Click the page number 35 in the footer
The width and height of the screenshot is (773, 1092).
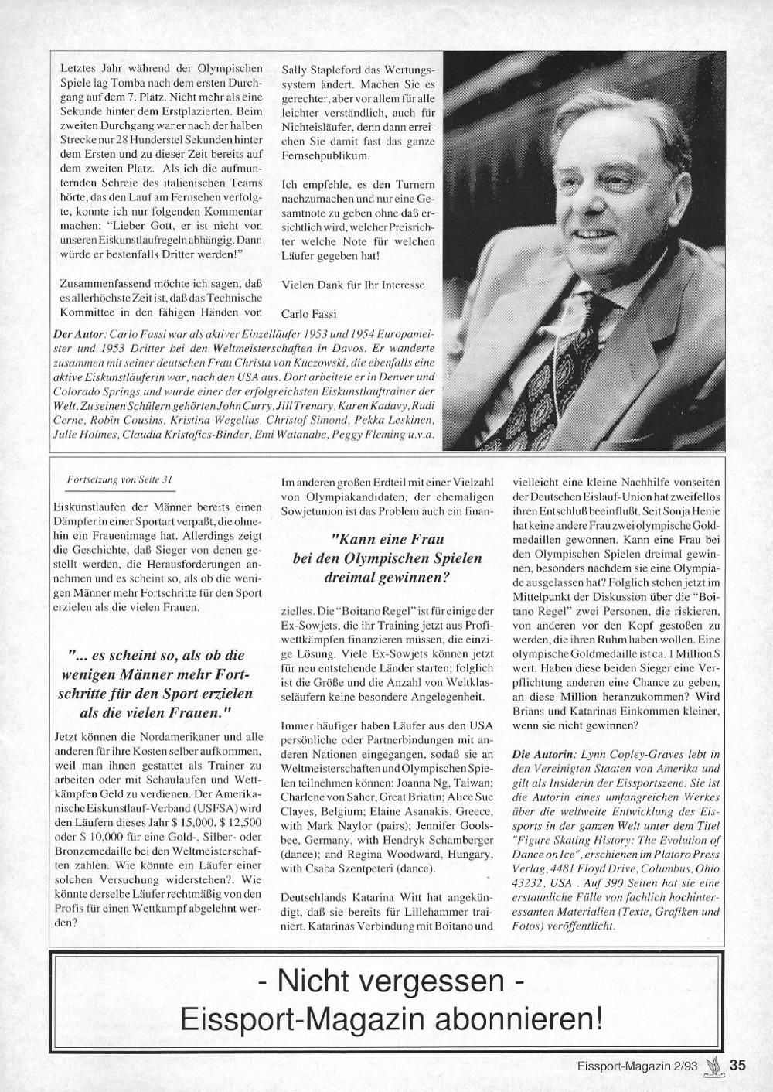737,1065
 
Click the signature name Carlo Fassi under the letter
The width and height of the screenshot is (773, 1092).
308,312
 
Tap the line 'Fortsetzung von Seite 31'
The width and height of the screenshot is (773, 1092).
119,479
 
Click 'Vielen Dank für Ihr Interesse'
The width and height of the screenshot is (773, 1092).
353,284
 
